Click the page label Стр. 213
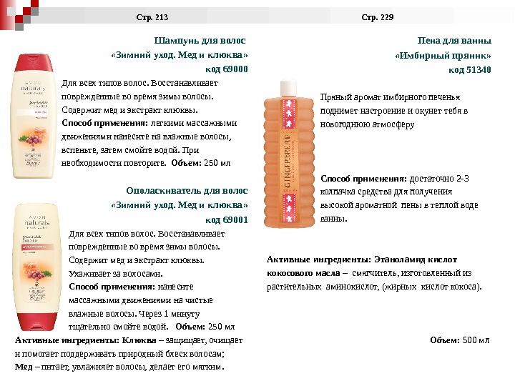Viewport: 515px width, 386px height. click(152, 16)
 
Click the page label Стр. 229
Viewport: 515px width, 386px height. click(378, 16)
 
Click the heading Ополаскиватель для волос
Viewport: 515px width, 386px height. click(187, 191)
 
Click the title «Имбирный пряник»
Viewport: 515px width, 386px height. click(443, 55)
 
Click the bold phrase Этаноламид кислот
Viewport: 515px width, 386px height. click(418, 259)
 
